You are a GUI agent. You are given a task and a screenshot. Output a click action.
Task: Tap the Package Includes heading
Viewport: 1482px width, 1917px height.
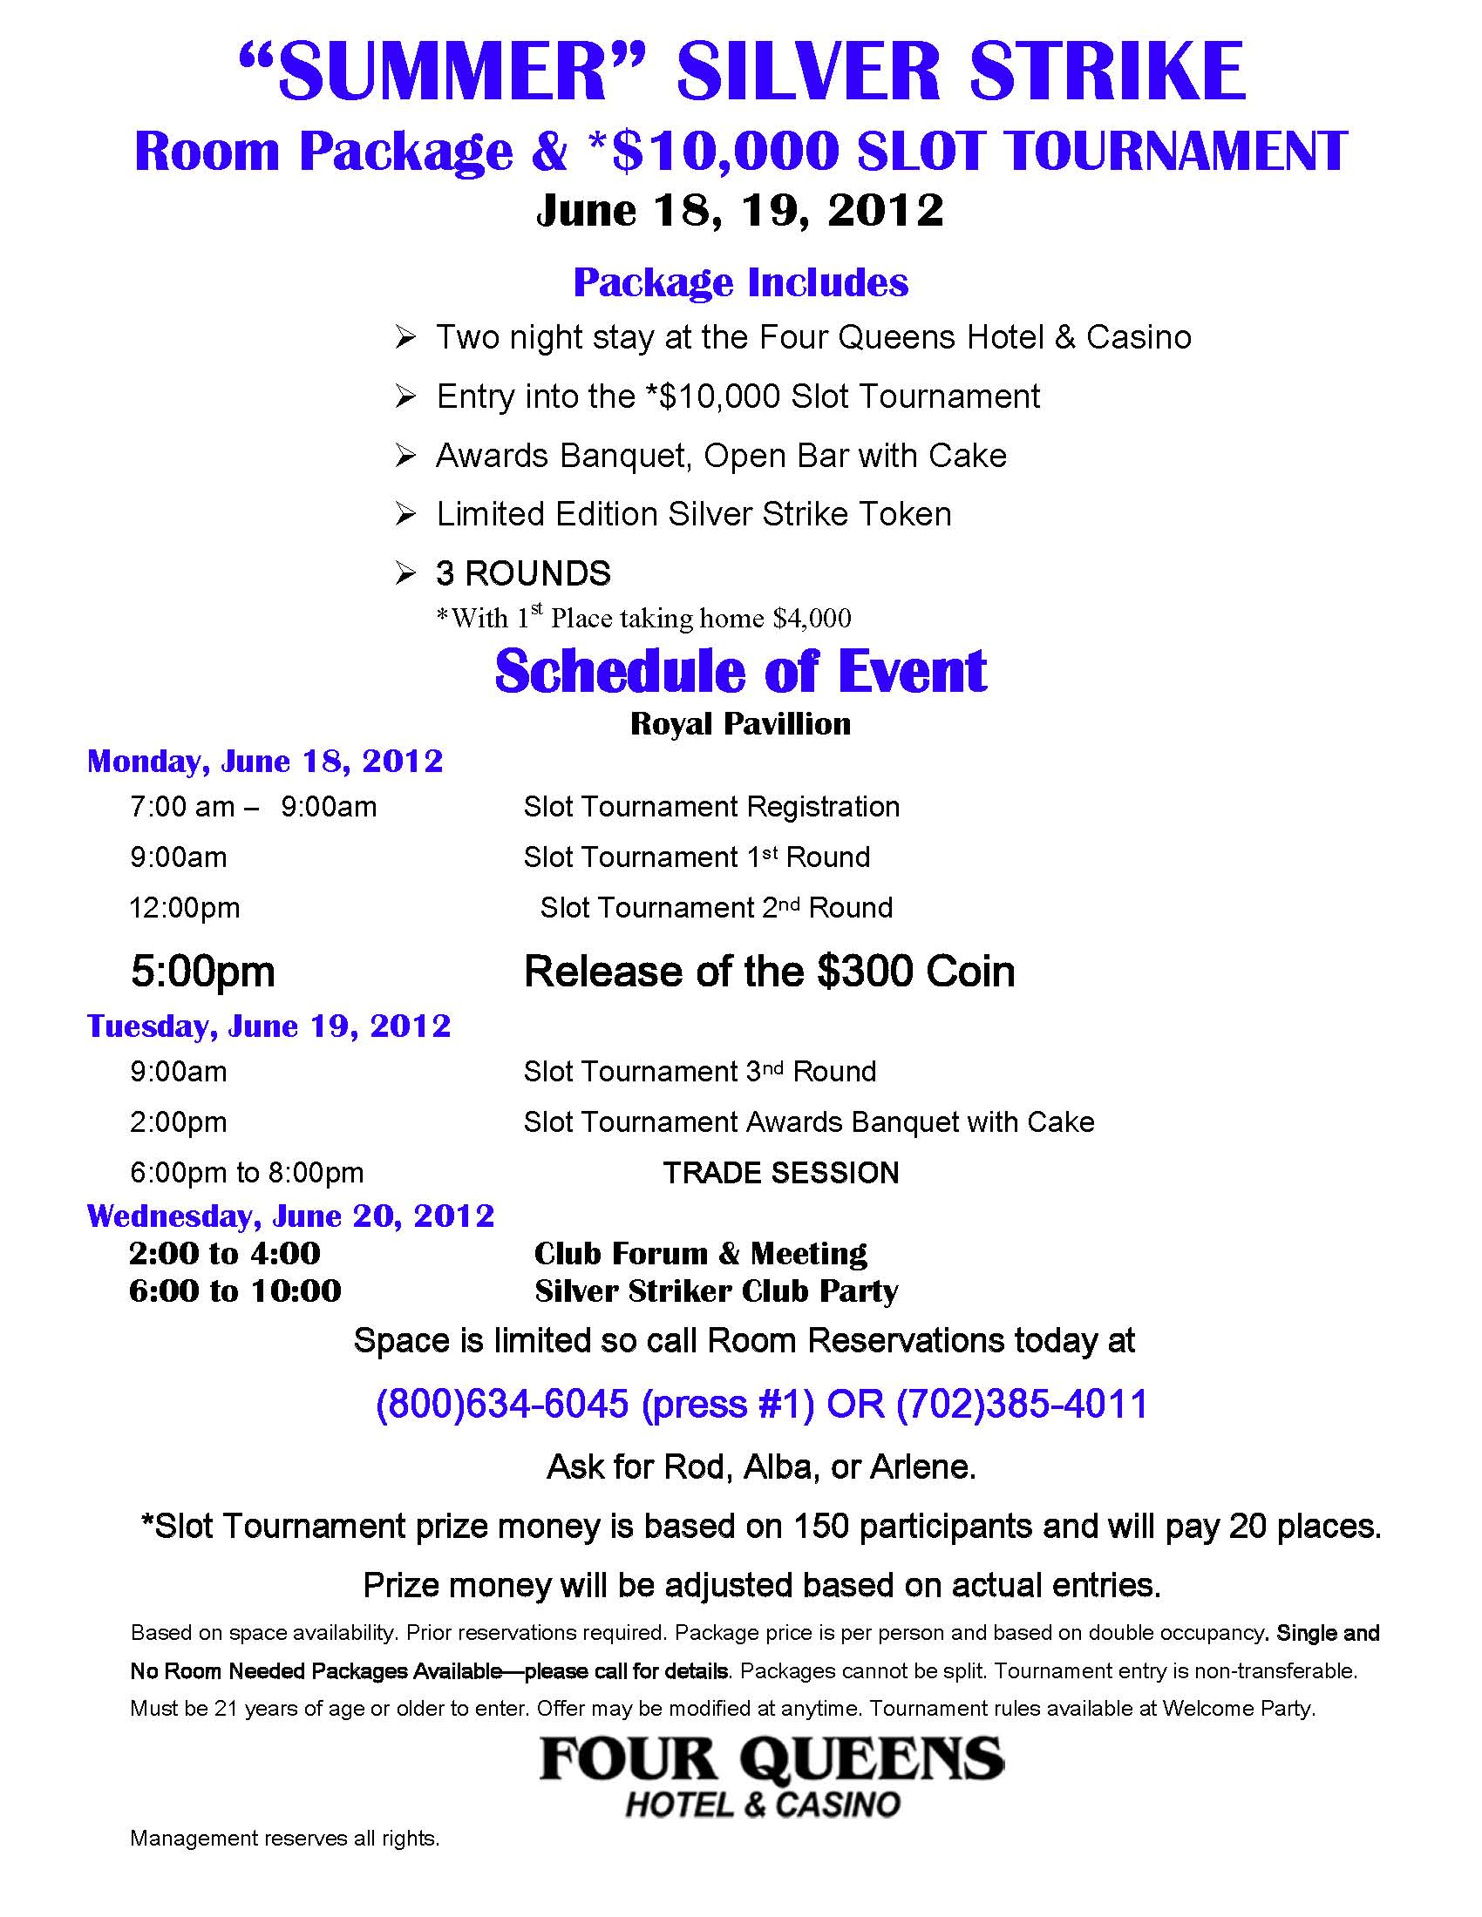point(740,282)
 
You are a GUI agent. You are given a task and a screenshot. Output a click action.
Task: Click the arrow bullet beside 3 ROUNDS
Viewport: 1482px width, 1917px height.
point(404,574)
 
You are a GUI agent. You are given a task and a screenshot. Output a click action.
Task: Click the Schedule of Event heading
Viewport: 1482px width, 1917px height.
point(740,673)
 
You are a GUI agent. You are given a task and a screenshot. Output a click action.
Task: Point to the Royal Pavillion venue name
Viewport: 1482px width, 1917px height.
point(740,724)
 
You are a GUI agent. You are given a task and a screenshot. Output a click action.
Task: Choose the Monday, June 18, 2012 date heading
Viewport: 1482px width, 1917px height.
point(265,761)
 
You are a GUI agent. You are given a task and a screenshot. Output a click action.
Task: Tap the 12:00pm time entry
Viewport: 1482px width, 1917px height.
point(184,908)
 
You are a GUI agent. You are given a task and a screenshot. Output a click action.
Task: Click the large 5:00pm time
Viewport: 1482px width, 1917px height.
point(203,972)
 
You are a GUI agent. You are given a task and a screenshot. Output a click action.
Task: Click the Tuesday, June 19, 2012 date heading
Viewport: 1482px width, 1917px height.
point(269,1026)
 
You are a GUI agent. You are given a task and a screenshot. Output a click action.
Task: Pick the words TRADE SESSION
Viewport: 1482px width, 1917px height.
point(780,1173)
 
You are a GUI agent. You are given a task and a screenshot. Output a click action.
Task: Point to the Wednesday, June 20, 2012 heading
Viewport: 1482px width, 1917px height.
point(290,1216)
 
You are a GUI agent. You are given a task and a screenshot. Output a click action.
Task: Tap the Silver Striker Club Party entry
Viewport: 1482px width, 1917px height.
point(717,1291)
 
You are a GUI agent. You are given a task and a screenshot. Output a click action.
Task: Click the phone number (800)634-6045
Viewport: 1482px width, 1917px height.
point(502,1405)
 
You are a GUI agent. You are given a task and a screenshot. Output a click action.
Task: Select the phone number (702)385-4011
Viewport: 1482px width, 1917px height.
point(1022,1405)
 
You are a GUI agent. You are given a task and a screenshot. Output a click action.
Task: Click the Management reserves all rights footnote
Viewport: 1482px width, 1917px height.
point(284,1839)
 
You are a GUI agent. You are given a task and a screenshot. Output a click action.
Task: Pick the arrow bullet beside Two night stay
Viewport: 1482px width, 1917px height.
point(404,338)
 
